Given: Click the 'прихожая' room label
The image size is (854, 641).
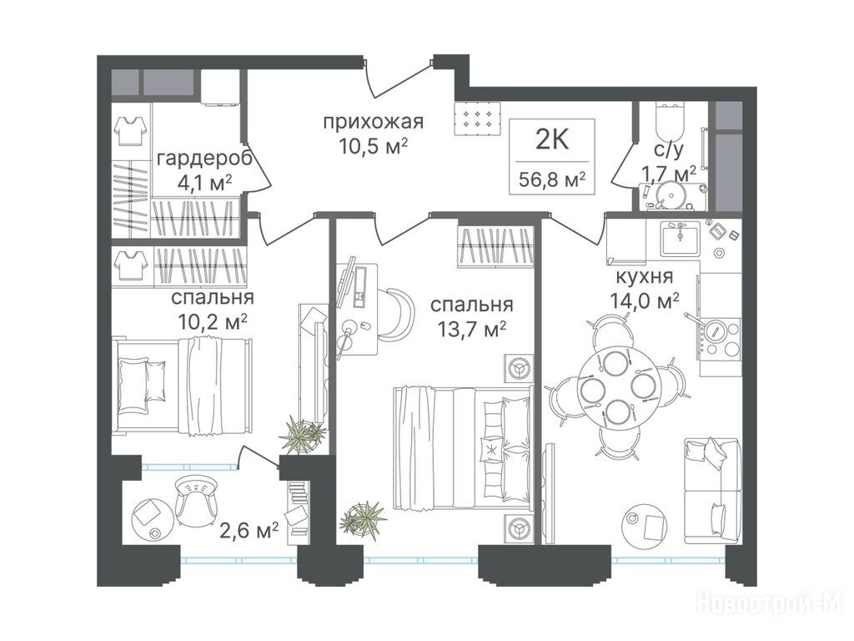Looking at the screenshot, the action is point(373,122).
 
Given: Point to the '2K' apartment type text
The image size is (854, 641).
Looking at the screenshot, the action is point(552,139).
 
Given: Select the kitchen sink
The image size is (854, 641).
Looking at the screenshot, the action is point(681,238).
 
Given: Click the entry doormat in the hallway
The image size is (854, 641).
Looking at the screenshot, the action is point(478,119).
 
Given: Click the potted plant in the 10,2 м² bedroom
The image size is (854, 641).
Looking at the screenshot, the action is point(302,433).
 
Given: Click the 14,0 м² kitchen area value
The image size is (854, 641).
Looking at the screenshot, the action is point(645,300).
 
